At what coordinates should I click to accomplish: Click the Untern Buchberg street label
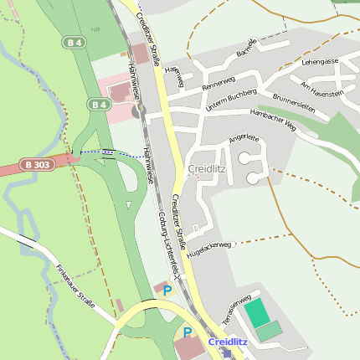coord(229,100)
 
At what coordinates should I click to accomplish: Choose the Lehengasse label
coord(321,61)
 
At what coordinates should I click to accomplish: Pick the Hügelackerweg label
coord(207,248)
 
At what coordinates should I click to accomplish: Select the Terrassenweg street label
coord(236,309)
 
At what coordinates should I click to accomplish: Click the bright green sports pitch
coord(259,311)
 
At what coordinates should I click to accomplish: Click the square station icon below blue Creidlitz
coord(226,353)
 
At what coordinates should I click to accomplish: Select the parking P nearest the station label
coord(188,333)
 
